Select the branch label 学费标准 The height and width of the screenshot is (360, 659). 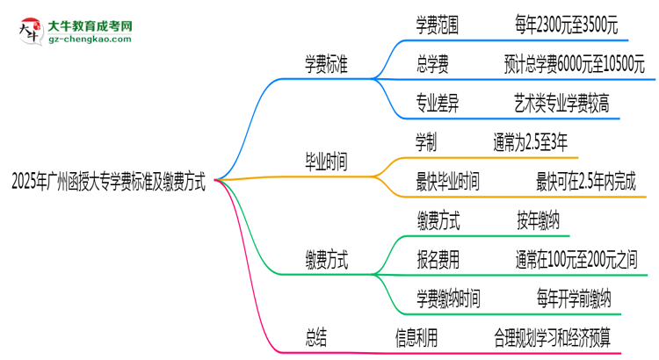pyautogui.click(x=326, y=64)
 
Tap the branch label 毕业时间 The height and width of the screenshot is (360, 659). pyautogui.click(x=326, y=162)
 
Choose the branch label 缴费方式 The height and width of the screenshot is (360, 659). pyautogui.click(x=326, y=260)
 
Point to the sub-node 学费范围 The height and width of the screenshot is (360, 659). pyautogui.click(x=437, y=26)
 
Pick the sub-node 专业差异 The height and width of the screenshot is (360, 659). pyautogui.click(x=437, y=102)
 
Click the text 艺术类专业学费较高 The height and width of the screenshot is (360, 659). pyautogui.click(x=562, y=102)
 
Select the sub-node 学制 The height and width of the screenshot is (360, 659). pyautogui.click(x=426, y=141)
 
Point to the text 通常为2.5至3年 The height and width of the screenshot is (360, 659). pyautogui.click(x=531, y=141)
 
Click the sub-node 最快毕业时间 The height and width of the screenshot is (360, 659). pyautogui.click(x=448, y=182)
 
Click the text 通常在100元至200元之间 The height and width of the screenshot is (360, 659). pyautogui.click(x=576, y=260)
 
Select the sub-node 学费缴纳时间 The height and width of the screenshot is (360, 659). pyautogui.click(x=448, y=299)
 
